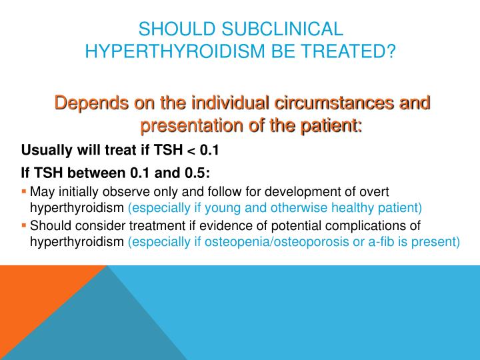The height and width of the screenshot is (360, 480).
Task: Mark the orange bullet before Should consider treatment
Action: point(25,225)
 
